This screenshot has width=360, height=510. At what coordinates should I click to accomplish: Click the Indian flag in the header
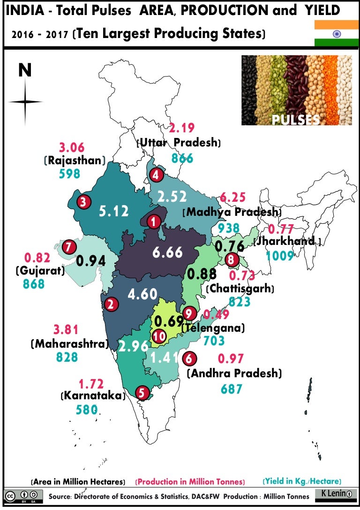pos(336,33)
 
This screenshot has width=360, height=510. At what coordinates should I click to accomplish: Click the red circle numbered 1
pos(153,222)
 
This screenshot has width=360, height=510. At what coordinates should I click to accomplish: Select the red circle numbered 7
pos(69,247)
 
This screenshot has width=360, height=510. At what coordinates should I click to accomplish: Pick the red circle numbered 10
pos(159,336)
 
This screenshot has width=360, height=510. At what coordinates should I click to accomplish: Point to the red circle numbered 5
pos(142,392)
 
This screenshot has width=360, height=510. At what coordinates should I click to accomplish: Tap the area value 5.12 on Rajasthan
pos(113,212)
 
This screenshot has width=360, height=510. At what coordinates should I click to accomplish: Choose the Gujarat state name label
pos(40,271)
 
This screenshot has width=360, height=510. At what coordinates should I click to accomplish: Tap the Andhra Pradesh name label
pos(234,374)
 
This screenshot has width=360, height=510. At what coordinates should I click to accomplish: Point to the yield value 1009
pos(280,256)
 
